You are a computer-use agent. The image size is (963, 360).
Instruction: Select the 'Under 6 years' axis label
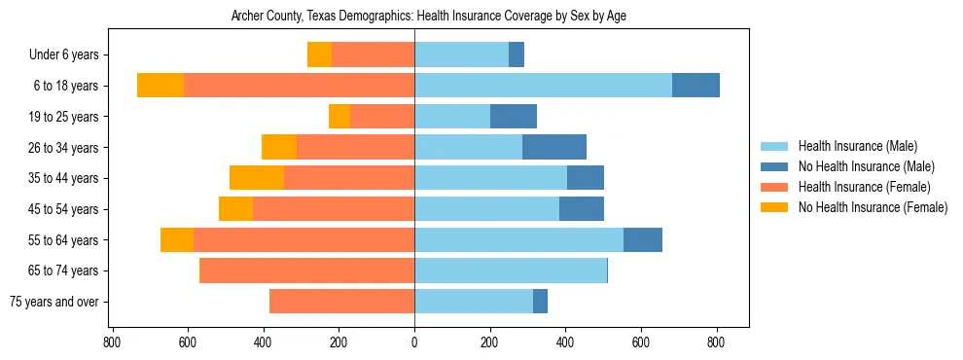(x=70, y=55)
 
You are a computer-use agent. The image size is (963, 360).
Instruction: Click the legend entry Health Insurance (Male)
(x=857, y=146)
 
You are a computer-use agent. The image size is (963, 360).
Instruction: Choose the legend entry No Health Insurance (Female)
(x=873, y=207)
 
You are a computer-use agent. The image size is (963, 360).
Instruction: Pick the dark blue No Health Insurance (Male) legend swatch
(x=775, y=166)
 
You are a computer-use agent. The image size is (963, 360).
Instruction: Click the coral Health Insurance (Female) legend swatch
(x=775, y=187)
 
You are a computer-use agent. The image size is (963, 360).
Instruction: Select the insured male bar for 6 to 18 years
(x=543, y=86)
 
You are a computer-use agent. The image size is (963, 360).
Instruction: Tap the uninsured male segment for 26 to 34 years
(x=554, y=147)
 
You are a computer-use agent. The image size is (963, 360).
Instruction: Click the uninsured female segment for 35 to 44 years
(x=257, y=178)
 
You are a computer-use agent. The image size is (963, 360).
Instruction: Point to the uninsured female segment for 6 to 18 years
(x=160, y=86)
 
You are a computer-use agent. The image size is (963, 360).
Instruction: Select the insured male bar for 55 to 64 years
(x=518, y=239)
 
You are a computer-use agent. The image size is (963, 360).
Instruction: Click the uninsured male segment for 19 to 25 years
(x=514, y=117)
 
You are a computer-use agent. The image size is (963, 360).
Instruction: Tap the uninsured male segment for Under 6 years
(x=517, y=54)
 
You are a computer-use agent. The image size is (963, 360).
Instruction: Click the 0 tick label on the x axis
(x=414, y=342)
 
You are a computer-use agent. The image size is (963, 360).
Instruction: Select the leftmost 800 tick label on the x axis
(x=112, y=342)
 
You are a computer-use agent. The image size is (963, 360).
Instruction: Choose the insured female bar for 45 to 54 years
(x=334, y=209)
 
